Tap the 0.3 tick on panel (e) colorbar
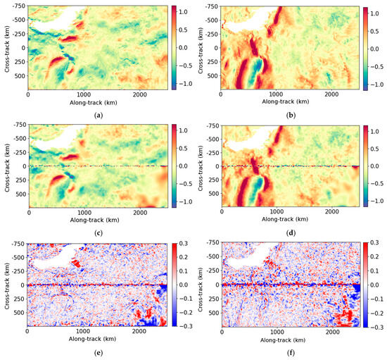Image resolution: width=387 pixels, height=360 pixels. pos(181,241)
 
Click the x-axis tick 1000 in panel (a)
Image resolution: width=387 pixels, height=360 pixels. pos(84,94)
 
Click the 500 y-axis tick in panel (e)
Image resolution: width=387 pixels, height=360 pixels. pos(19,314)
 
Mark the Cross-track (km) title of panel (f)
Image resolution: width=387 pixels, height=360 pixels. pos(198,283)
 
